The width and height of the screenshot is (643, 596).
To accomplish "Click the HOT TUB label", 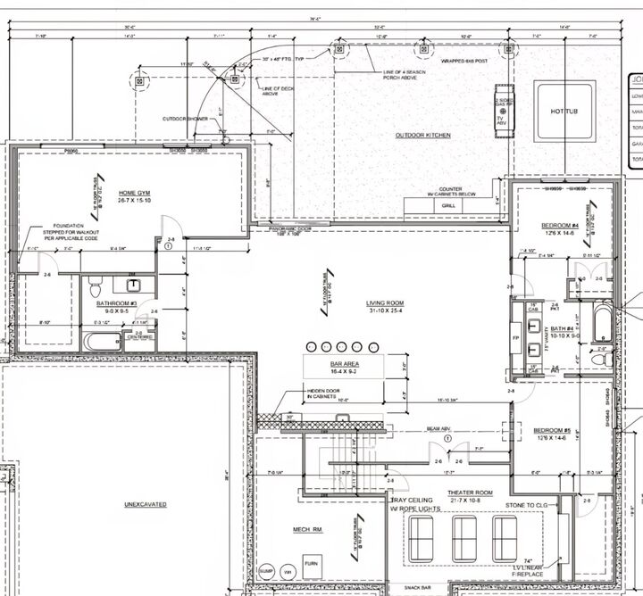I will click(x=564, y=111).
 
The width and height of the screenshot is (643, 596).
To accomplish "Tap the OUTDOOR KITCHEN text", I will click(x=422, y=136).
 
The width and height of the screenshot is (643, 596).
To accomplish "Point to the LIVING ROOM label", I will click(x=386, y=303).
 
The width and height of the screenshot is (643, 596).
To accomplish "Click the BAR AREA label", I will click(x=344, y=365).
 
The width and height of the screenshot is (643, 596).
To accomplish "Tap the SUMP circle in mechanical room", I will click(x=266, y=570).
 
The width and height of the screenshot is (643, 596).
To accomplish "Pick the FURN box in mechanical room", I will click(x=311, y=564).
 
